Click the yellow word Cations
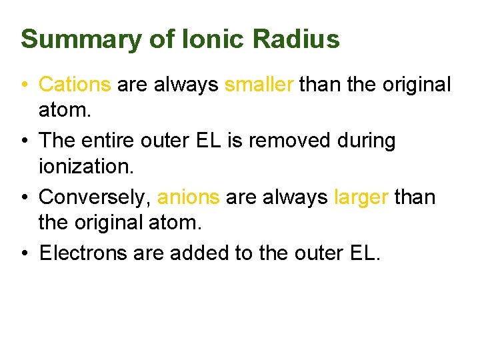[x=75, y=85]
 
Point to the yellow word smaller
[x=259, y=85]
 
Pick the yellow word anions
[x=188, y=197]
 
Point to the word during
[x=367, y=141]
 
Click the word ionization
[x=85, y=166]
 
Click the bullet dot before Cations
[x=24, y=85]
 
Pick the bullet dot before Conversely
[x=24, y=198]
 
